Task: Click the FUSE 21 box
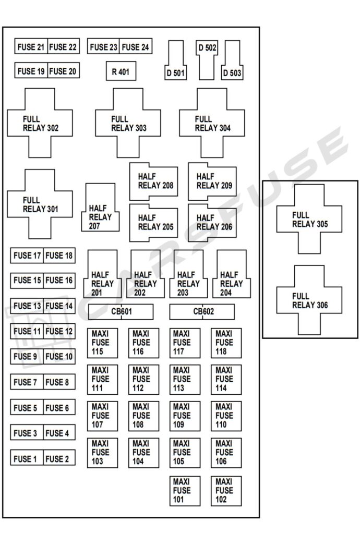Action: (31, 47)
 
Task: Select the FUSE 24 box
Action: (136, 47)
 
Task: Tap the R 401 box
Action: (121, 71)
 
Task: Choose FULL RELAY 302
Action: (40, 123)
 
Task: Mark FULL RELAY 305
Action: (309, 219)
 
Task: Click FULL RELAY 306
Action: (309, 300)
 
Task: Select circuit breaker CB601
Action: (121, 312)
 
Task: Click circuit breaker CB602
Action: (202, 312)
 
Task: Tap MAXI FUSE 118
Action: (226, 343)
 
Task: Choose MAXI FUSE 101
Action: (185, 491)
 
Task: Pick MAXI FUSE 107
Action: (102, 416)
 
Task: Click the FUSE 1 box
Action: (26, 459)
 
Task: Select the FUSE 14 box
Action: (59, 306)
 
